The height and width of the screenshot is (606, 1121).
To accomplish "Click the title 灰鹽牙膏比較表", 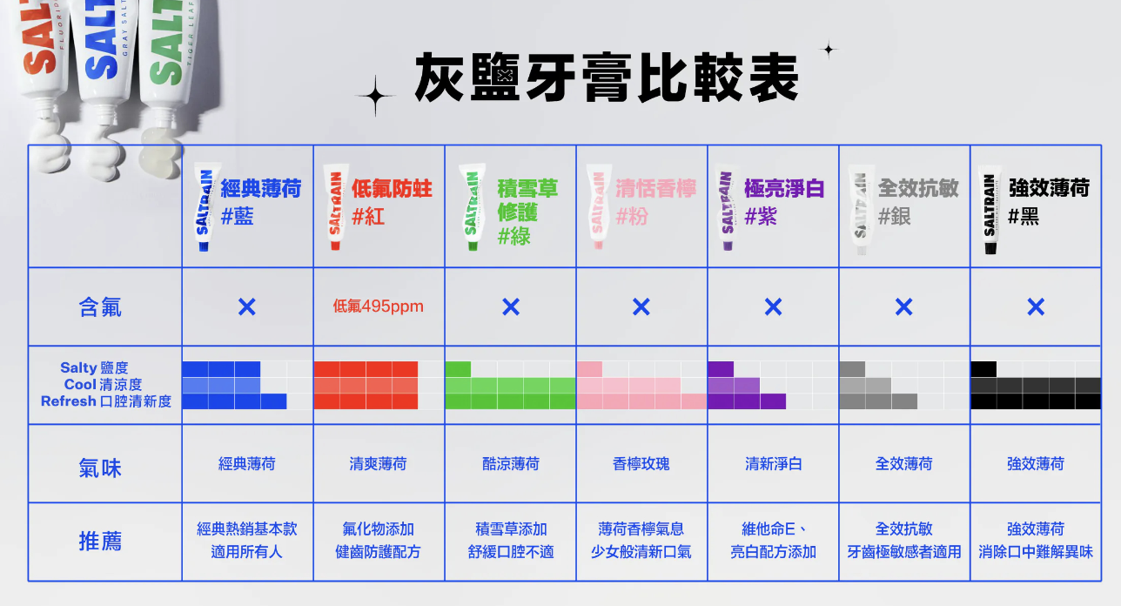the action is pyautogui.click(x=606, y=77).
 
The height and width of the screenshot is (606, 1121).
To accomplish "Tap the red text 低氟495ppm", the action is pyautogui.click(x=378, y=306).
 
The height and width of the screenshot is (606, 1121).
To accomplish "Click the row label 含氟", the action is pyautogui.click(x=101, y=306).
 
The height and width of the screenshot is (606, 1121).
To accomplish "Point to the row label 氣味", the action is pyautogui.click(x=101, y=468).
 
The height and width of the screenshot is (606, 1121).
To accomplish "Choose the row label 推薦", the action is pyautogui.click(x=101, y=542).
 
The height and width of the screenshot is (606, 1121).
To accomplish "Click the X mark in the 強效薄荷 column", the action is pyautogui.click(x=1035, y=306).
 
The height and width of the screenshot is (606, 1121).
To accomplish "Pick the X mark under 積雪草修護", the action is pyautogui.click(x=511, y=306).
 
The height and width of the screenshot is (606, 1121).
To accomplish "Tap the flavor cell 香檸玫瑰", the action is pyautogui.click(x=641, y=464).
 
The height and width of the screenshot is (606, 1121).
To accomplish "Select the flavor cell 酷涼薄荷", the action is pyautogui.click(x=511, y=464).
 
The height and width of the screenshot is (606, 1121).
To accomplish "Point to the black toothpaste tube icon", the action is pyautogui.click(x=989, y=211).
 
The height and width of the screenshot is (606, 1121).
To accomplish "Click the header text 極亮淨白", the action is pyautogui.click(x=784, y=189).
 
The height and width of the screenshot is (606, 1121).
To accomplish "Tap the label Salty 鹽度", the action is pyautogui.click(x=94, y=368).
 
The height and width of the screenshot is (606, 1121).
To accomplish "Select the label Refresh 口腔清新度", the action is pyautogui.click(x=106, y=401).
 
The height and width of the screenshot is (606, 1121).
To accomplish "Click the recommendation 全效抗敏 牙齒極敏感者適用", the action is pyautogui.click(x=904, y=541).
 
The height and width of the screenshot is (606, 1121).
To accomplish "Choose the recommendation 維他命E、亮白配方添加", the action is pyautogui.click(x=773, y=541).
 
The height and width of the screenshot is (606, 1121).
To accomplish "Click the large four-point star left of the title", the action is pyautogui.click(x=375, y=96).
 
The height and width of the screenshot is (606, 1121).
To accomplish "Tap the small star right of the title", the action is pyautogui.click(x=829, y=50).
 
